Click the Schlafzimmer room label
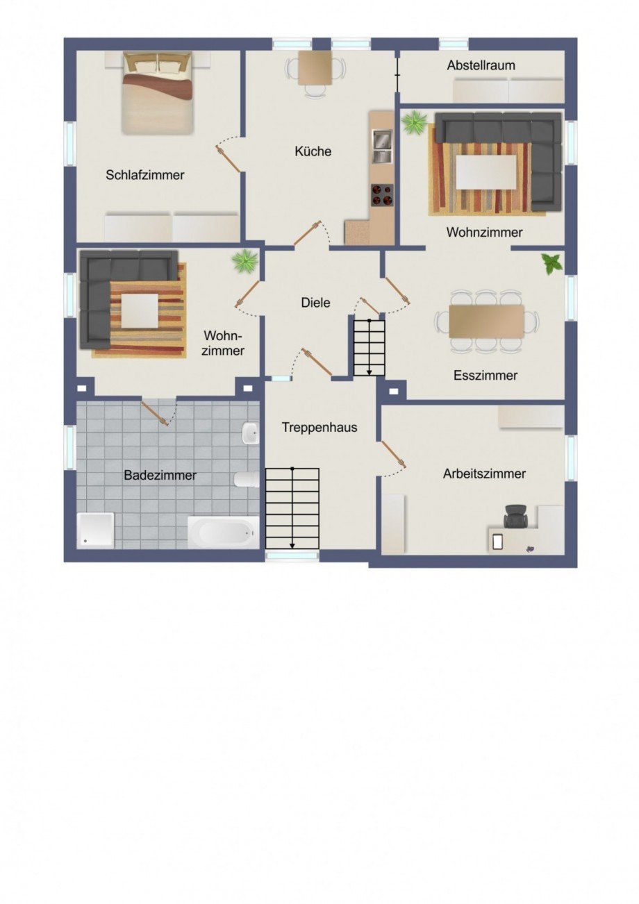pos(145,175)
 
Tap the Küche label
pos(313,151)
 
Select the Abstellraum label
pos(481,65)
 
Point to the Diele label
pos(315,303)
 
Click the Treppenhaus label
pos(319,428)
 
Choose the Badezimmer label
pos(160,475)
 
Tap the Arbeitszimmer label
pos(484,474)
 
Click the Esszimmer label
pos(486,376)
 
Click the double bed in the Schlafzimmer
pos(158,93)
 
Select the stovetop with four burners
pos(381,195)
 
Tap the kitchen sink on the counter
pos(381,146)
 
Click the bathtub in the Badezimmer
pos(223,533)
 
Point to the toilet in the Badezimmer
pos(247,480)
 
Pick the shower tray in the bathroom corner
pos(95,530)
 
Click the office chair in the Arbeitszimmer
pos(515,516)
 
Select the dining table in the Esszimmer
pos(486,321)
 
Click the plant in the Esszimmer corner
pos(551,264)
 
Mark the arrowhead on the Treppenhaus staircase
pos(292,546)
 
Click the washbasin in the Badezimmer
pos(251,433)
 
